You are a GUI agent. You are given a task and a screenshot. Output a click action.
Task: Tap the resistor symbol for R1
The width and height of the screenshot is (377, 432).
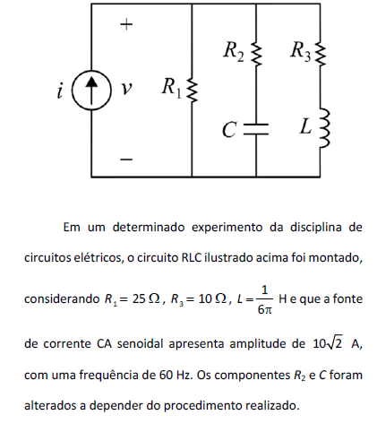tap(192, 90)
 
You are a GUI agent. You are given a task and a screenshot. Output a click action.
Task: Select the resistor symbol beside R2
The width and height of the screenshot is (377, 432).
tap(256, 54)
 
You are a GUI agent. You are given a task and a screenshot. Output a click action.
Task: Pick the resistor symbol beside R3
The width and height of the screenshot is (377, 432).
tap(321, 54)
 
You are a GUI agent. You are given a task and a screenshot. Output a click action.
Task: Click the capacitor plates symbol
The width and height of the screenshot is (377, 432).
tap(256, 129)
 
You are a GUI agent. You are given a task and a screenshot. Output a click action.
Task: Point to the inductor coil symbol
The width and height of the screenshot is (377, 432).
tap(325, 128)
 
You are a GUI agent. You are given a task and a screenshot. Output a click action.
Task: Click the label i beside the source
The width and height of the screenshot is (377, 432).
tap(60, 91)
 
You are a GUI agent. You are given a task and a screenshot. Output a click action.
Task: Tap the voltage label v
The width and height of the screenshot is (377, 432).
tap(126, 89)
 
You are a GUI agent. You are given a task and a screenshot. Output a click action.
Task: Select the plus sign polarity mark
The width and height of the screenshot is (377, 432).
tap(126, 24)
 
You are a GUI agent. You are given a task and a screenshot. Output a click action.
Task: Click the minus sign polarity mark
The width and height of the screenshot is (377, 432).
tap(126, 160)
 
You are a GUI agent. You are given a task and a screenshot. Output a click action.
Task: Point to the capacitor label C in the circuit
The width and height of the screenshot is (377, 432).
tap(229, 130)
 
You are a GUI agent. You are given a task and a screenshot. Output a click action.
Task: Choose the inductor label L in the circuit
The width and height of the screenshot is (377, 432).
tap(305, 126)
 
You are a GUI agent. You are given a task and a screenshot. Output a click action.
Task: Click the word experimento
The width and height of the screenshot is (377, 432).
tap(227, 228)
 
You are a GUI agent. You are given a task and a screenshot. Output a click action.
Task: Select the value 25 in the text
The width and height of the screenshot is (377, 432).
tap(139, 298)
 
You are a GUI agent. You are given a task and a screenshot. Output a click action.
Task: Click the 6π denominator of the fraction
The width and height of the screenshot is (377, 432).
tap(265, 310)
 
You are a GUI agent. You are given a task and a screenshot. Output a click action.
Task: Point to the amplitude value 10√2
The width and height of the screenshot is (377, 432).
tap(328, 343)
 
